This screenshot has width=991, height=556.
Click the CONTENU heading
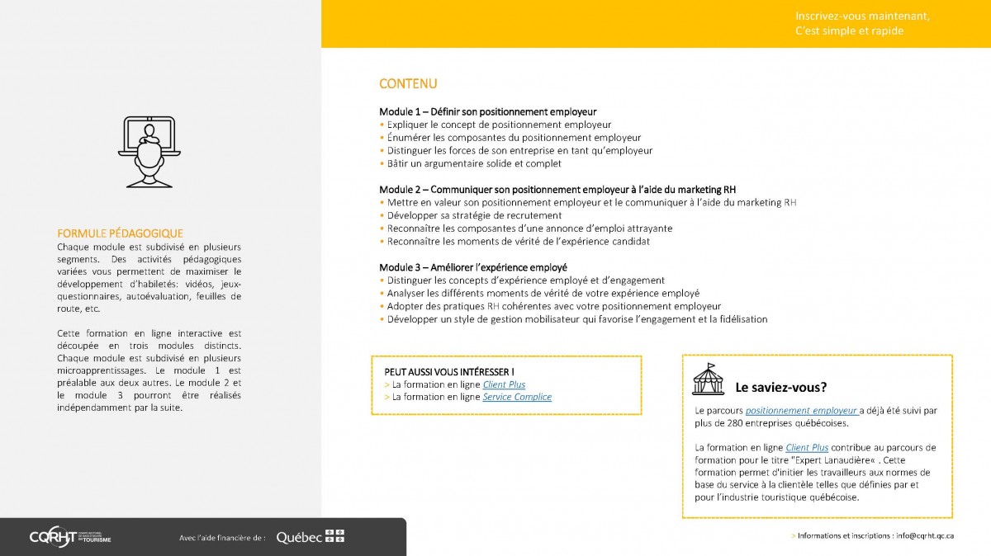coord(408,84)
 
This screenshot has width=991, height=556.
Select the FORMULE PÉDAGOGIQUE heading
coord(120,233)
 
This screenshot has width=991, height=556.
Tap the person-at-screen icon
coord(149,151)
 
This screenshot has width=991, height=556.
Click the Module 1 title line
coord(487,111)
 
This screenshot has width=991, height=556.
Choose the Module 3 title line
coord(472,267)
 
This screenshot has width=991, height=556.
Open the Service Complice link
coord(517,397)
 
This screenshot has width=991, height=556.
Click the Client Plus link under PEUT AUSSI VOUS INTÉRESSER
coord(504,384)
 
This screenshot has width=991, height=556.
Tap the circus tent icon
coord(708,379)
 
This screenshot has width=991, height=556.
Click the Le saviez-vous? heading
coord(780,387)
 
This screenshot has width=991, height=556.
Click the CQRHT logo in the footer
coord(70,536)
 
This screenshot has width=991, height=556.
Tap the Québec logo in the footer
coord(310,537)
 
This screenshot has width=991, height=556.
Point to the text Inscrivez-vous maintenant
coord(850,16)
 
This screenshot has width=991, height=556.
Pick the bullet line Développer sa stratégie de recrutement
coord(474,215)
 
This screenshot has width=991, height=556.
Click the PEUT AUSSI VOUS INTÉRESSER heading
coord(449,372)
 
